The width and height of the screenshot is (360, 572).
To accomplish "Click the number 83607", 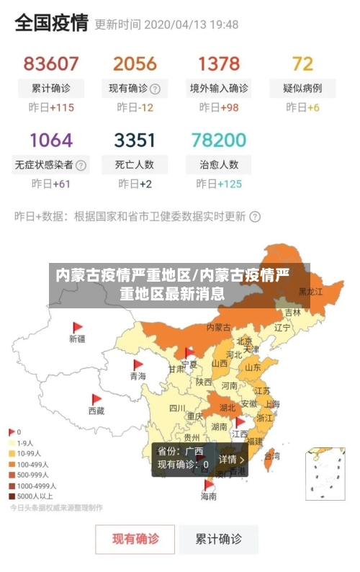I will [x=51, y=63].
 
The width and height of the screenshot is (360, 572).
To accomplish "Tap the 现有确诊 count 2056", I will [x=134, y=63].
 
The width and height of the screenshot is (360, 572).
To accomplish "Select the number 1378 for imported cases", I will [x=219, y=63].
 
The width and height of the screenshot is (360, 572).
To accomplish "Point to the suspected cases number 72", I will [x=302, y=63].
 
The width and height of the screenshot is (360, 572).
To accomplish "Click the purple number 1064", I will [x=51, y=139].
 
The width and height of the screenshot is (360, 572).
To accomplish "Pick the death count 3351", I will [x=134, y=139].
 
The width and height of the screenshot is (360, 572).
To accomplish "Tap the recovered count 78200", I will [x=219, y=139].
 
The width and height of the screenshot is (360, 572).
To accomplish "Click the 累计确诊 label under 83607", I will [x=51, y=89].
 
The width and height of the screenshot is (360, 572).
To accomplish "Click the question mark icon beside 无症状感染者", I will [x=81, y=165].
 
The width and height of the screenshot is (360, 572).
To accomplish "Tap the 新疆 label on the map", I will [x=77, y=338].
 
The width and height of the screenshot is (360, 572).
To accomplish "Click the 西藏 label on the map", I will [x=96, y=411].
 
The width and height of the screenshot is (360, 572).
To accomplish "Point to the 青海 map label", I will [x=138, y=376].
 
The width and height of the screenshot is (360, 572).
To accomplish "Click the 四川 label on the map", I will [x=177, y=408].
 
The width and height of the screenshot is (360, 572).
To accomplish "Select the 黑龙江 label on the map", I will [x=310, y=292].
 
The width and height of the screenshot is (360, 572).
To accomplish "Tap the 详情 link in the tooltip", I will [x=231, y=459].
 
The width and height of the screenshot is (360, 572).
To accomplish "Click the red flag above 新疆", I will [x=78, y=327].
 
